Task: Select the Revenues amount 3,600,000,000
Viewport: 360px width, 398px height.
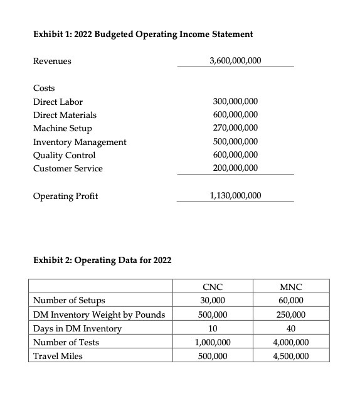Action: click(x=234, y=60)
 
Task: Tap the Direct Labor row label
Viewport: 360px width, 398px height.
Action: click(x=58, y=102)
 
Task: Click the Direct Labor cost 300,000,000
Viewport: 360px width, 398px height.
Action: click(x=235, y=102)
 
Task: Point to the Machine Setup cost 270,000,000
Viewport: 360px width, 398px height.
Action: click(x=235, y=128)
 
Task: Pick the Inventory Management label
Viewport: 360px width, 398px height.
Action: click(x=80, y=142)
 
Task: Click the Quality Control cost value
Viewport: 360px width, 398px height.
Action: click(x=235, y=155)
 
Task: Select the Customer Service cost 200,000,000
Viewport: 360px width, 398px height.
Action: click(x=235, y=168)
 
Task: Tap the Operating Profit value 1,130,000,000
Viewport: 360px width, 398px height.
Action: click(x=234, y=196)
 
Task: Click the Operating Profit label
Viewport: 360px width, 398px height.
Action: click(x=65, y=196)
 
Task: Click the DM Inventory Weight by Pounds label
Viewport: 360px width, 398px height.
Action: click(x=98, y=315)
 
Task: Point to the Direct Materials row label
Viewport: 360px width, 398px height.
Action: click(x=65, y=115)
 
